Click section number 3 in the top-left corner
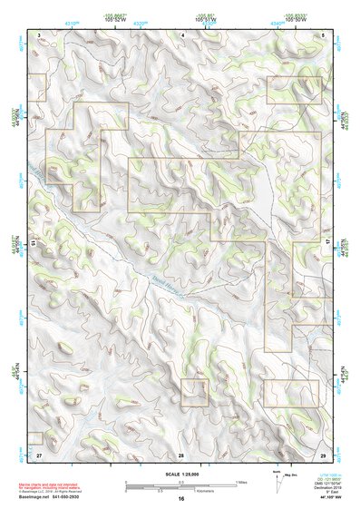click(x=40, y=34)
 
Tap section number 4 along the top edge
click(x=182, y=34)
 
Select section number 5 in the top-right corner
click(x=323, y=34)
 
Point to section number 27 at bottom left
click(x=40, y=455)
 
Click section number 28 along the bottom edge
click(x=181, y=455)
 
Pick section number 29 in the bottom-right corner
click(x=323, y=455)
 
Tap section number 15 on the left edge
click(x=34, y=243)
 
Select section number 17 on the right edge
click(x=328, y=243)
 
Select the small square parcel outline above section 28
click(x=194, y=393)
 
